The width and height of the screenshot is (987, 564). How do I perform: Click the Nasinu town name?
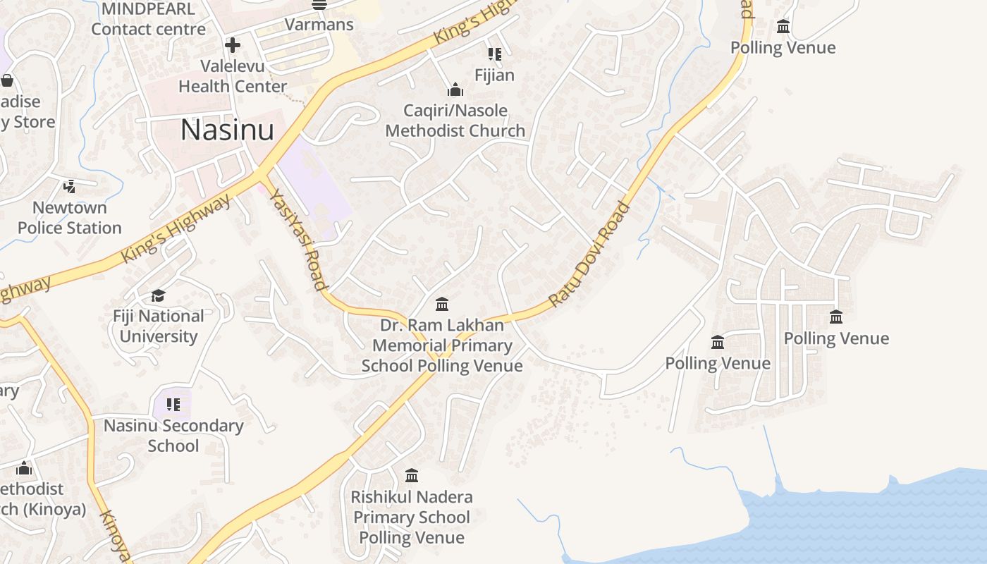coord(227,130)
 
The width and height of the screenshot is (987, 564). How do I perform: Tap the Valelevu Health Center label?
coord(232,76)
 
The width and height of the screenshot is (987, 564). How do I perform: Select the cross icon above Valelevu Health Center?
coord(232,46)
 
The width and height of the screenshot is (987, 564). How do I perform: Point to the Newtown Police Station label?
coord(70,218)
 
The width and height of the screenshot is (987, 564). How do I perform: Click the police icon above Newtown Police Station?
coord(69,186)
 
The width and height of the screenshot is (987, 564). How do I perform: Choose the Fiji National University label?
coord(159,326)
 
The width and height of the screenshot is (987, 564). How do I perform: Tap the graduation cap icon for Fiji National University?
coord(159,295)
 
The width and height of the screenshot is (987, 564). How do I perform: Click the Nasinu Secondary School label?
coord(173,436)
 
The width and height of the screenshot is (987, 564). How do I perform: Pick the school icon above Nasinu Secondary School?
coord(173,405)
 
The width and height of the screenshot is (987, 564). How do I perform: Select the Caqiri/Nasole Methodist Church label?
coord(455,121)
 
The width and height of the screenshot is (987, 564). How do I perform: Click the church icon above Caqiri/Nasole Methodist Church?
coord(455,90)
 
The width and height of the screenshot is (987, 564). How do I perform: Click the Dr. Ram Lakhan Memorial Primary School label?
coord(442,345)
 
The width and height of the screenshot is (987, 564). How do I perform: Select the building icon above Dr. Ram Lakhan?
coord(442,304)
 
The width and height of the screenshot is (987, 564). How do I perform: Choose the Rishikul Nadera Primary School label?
coord(412,517)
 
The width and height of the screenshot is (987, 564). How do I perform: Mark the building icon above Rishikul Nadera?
coord(412,475)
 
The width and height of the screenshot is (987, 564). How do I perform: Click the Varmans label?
coord(319,24)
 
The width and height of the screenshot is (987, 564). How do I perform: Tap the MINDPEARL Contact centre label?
coord(148,19)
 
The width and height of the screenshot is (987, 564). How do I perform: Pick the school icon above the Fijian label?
coord(495,54)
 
